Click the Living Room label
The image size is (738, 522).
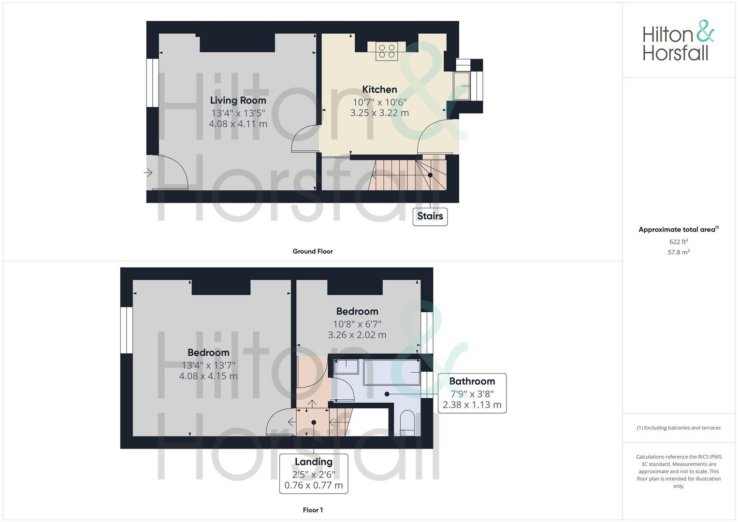[238, 101]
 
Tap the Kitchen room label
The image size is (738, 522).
[379, 89]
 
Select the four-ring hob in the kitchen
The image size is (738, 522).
[387, 51]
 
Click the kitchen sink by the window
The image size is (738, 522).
[462, 86]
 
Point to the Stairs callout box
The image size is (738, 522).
[430, 216]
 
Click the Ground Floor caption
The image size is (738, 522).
[313, 251]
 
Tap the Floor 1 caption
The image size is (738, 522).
[313, 510]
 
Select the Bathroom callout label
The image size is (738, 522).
[472, 381]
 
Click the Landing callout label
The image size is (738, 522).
[313, 462]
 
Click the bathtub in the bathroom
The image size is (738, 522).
[391, 372]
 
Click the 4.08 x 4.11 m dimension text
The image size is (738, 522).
[238, 124]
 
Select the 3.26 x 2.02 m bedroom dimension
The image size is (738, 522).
[357, 335]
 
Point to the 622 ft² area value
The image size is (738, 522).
[679, 242]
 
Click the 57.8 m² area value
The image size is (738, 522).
[679, 252]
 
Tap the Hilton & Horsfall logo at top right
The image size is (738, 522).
[678, 40]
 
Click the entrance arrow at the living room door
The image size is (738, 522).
[148, 173]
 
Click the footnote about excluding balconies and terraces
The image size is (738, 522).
[679, 428]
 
